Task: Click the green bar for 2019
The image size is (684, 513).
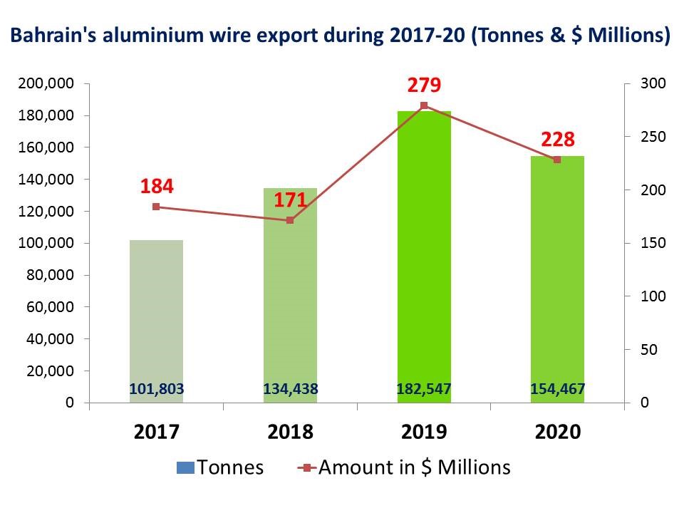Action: tap(424, 256)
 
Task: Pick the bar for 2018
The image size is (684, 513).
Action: tap(290, 299)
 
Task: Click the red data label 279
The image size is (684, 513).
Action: tap(424, 86)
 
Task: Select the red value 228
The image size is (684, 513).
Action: tap(557, 139)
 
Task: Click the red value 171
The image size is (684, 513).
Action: tap(290, 200)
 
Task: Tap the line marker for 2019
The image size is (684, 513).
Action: tap(424, 105)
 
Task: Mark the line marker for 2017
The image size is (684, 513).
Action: tap(156, 207)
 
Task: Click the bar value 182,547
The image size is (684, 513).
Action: tap(424, 389)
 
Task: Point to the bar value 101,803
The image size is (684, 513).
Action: tap(157, 389)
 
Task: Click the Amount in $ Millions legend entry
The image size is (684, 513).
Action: tap(403, 467)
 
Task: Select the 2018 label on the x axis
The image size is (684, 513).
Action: tap(290, 432)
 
